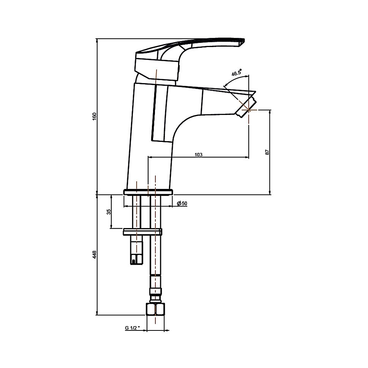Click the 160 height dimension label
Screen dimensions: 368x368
pyautogui.click(x=95, y=116)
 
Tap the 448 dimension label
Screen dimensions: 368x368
pyautogui.click(x=95, y=255)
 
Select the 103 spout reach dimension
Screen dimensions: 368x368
pyautogui.click(x=199, y=155)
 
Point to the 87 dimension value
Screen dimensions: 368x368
pyautogui.click(x=267, y=152)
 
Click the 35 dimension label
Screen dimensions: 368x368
pyautogui.click(x=109, y=212)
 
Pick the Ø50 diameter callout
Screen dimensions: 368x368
pyautogui.click(x=182, y=203)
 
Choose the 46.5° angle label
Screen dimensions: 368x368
pyautogui.click(x=236, y=72)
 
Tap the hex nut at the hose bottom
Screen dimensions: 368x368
pyautogui.click(x=155, y=309)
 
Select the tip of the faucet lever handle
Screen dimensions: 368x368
pyautogui.click(x=243, y=41)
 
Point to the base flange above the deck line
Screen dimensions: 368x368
pyautogui.click(x=148, y=192)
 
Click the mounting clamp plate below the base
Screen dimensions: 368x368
pyautogui.click(x=142, y=232)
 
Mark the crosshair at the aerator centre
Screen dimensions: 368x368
pyautogui.click(x=249, y=110)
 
